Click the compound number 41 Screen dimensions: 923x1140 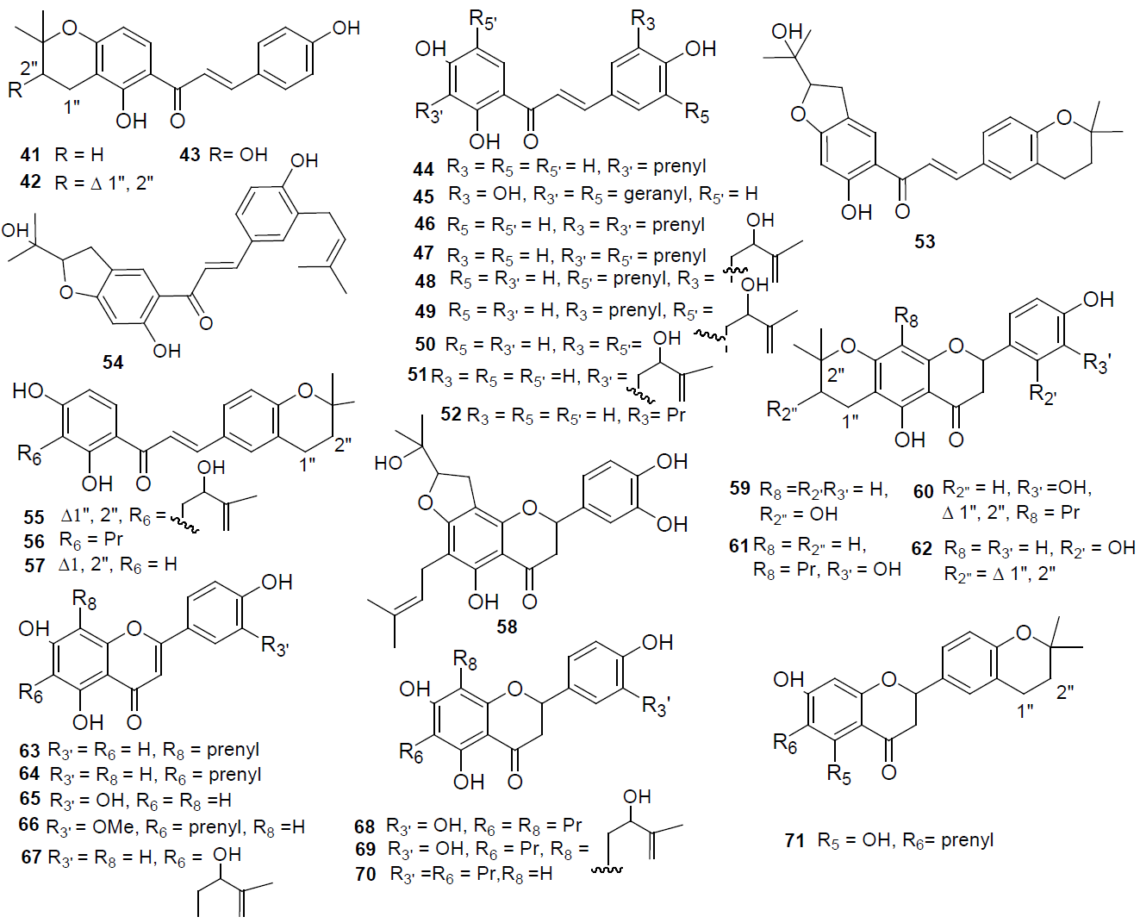pyautogui.click(x=30, y=155)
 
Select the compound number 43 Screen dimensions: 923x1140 pyautogui.click(x=190, y=155)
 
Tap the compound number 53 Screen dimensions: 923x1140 pyautogui.click(x=925, y=242)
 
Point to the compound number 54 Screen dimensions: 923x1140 pyautogui.click(x=113, y=363)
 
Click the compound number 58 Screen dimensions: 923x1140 pyautogui.click(x=507, y=627)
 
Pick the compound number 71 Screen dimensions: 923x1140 pyautogui.click(x=794, y=840)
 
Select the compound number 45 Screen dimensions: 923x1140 pyautogui.click(x=423, y=196)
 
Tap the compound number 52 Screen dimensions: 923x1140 pyautogui.click(x=451, y=415)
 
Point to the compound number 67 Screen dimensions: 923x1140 pyautogui.click(x=31, y=858)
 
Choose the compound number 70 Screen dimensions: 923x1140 pyautogui.click(x=365, y=875)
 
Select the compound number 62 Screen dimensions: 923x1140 pyautogui.click(x=921, y=549)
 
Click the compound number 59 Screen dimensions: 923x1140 pyautogui.click(x=739, y=489)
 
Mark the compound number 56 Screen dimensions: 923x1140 pyautogui.click(x=34, y=541)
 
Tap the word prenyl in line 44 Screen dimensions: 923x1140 pyautogui.click(x=680, y=165)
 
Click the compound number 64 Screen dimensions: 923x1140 pyautogui.click(x=29, y=775)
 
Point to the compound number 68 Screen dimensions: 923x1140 pyautogui.click(x=364, y=826)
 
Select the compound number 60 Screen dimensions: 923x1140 pyautogui.click(x=923, y=491)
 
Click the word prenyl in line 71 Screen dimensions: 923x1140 pyautogui.click(x=967, y=839)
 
